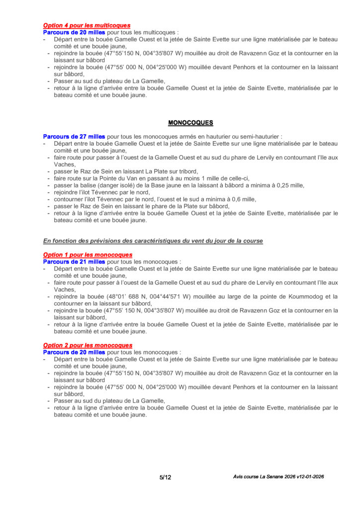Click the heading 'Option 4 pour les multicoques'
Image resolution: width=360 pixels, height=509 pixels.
tap(87, 25)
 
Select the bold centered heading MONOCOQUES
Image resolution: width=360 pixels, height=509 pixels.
tap(190, 122)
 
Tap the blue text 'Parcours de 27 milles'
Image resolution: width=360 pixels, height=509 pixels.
tap(74, 136)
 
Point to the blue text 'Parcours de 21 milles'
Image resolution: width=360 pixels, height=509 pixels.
tap(74, 261)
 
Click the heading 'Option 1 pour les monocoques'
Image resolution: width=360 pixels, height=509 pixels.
tap(88, 255)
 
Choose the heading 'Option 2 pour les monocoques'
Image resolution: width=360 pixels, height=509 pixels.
tap(88, 345)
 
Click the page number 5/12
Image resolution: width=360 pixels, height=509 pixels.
tap(166, 477)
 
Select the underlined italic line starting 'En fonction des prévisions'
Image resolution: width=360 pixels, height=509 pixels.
tap(153, 241)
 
